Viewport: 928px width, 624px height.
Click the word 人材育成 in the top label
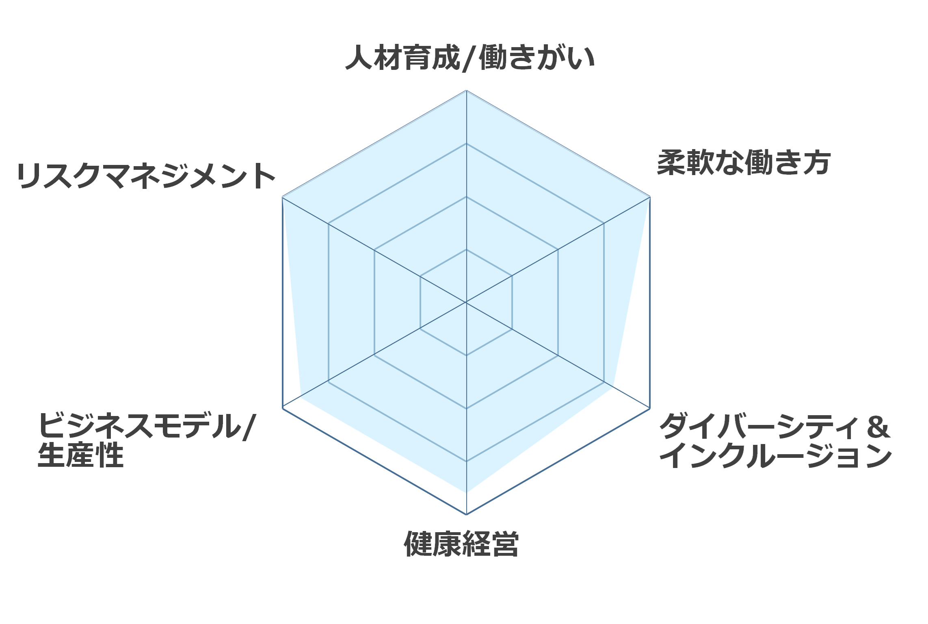[x=403, y=58]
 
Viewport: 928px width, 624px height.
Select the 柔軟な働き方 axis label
[x=744, y=163]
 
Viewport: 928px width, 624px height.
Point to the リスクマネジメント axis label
[x=146, y=176]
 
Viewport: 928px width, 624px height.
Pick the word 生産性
[x=80, y=455]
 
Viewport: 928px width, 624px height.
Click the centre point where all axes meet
[x=466, y=302]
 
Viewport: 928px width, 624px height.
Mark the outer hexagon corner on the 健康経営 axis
[x=466, y=515]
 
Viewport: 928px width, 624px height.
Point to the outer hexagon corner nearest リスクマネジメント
[x=282, y=197]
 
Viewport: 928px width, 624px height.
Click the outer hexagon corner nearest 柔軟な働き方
[x=650, y=197]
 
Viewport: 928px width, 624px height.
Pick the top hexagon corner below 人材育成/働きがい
[x=466, y=91]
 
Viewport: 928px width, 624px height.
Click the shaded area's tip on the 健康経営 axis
[x=466, y=493]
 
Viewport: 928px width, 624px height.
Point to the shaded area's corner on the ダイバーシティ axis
[x=613, y=386]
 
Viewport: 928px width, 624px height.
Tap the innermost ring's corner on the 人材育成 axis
[x=466, y=249]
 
